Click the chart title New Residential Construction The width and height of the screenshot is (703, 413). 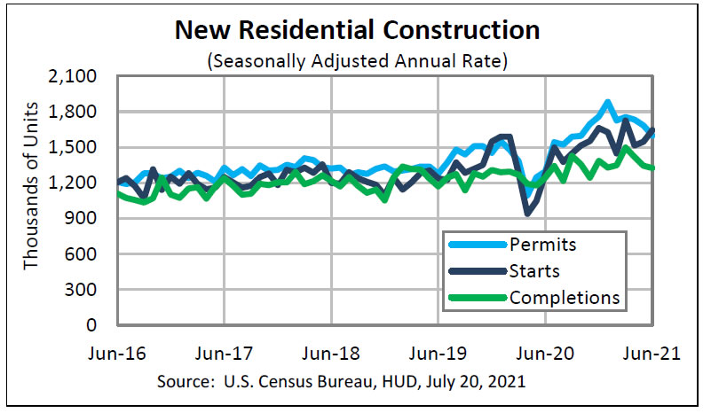click(x=357, y=31)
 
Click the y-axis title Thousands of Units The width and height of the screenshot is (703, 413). click(x=32, y=200)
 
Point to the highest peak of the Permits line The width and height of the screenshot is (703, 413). click(x=607, y=103)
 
